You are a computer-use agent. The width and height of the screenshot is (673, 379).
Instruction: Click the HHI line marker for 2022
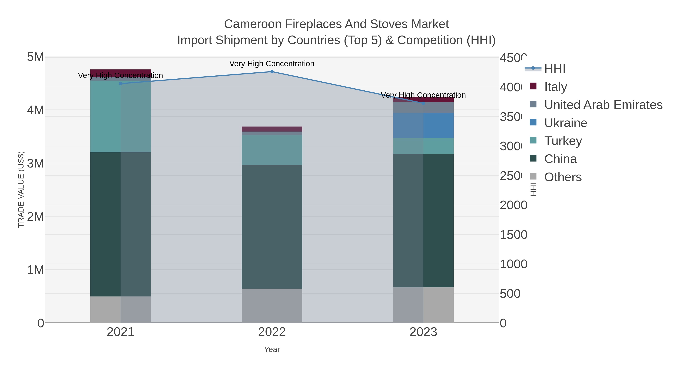[272, 72]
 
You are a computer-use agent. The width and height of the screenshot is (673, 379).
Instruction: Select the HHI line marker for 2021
[120, 84]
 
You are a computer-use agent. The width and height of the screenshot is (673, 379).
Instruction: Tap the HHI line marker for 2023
[423, 103]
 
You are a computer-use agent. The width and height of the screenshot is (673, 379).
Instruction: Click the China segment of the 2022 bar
[272, 227]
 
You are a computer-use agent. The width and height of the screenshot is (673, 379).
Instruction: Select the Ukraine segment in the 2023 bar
[423, 125]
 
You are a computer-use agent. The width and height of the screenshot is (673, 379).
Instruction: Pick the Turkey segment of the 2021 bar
[120, 116]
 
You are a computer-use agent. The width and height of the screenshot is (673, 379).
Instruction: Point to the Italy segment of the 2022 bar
[272, 129]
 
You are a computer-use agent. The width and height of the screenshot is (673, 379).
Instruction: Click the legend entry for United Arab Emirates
[603, 105]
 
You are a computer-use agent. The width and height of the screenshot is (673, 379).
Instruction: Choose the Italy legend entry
[555, 87]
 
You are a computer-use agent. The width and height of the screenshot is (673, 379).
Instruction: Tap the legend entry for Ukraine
[565, 123]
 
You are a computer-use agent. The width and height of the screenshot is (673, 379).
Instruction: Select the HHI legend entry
[555, 69]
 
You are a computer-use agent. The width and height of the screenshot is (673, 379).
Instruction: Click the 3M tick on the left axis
[36, 163]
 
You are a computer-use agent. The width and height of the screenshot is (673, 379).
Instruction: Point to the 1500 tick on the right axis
[513, 235]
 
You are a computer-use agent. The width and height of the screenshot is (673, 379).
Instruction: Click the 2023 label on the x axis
[423, 332]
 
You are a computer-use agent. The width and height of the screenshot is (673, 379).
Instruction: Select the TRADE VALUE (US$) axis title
[21, 189]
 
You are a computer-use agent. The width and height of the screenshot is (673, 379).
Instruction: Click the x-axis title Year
[272, 349]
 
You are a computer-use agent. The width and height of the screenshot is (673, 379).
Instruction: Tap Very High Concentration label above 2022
[272, 64]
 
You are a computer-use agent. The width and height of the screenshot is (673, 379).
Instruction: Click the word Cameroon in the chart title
[253, 24]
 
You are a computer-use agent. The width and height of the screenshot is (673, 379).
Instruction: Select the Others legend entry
[563, 177]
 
